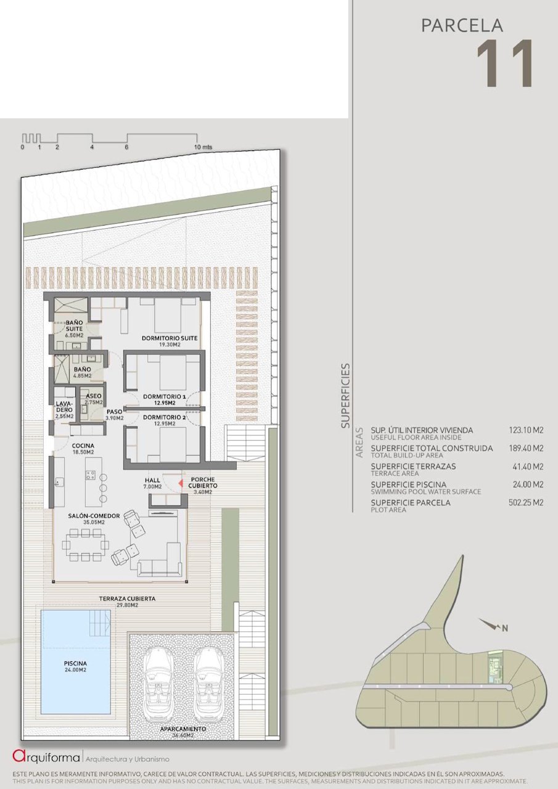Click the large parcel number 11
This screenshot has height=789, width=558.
coord(504,63)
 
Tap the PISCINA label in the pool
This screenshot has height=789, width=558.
coord(75,663)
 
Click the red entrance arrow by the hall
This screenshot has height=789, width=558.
coord(181,483)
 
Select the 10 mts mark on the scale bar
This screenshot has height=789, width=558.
coord(203,147)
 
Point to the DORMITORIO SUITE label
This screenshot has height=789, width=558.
coord(170,338)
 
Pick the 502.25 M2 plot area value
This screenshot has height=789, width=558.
coord(526,502)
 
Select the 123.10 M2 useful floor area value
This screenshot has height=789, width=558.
coord(526,430)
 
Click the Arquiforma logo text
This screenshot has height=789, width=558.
coord(46,756)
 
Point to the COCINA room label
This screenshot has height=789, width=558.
coord(83,446)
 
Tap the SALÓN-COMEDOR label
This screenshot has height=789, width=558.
coord(94,516)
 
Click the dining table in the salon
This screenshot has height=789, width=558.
coord(86,545)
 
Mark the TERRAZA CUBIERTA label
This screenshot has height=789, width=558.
coord(127,599)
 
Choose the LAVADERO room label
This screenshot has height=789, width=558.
coord(64,406)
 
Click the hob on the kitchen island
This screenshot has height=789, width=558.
coord(90,475)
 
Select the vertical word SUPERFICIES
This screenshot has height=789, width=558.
coord(345,396)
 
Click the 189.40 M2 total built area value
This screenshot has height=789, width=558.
coord(526,448)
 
